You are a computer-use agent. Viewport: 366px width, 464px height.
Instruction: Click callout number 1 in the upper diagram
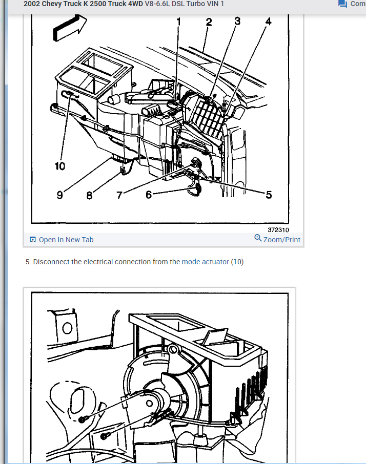pos(178,22)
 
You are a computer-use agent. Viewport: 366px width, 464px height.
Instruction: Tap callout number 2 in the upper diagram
pos(209,22)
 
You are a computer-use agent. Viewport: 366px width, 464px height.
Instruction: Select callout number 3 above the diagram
pos(237,21)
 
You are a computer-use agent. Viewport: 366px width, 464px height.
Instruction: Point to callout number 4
pos(268,22)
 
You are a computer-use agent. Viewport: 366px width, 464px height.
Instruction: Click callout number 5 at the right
pos(269,195)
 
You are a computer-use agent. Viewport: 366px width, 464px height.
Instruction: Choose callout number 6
pos(148,195)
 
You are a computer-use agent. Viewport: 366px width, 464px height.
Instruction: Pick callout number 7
pos(119,195)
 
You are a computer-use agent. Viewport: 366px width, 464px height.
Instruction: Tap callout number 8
pos(89,195)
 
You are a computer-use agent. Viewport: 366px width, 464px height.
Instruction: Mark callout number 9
pos(59,195)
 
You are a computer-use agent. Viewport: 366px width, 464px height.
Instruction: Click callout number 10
pos(59,166)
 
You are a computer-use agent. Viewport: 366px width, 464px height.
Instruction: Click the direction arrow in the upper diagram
pos(69,28)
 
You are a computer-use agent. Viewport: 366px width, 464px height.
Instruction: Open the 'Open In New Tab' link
pos(66,240)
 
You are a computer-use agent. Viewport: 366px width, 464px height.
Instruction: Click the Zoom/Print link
pos(281,240)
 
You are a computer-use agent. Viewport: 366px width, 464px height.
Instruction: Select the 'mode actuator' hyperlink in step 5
pos(205,262)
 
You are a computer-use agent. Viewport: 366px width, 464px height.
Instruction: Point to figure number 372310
pos(278,230)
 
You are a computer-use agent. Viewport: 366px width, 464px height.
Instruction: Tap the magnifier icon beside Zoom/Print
pos(258,238)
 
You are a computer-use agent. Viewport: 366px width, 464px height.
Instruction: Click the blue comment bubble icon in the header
pos(342,4)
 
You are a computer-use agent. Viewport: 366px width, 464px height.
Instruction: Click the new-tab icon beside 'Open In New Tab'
pos(33,239)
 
